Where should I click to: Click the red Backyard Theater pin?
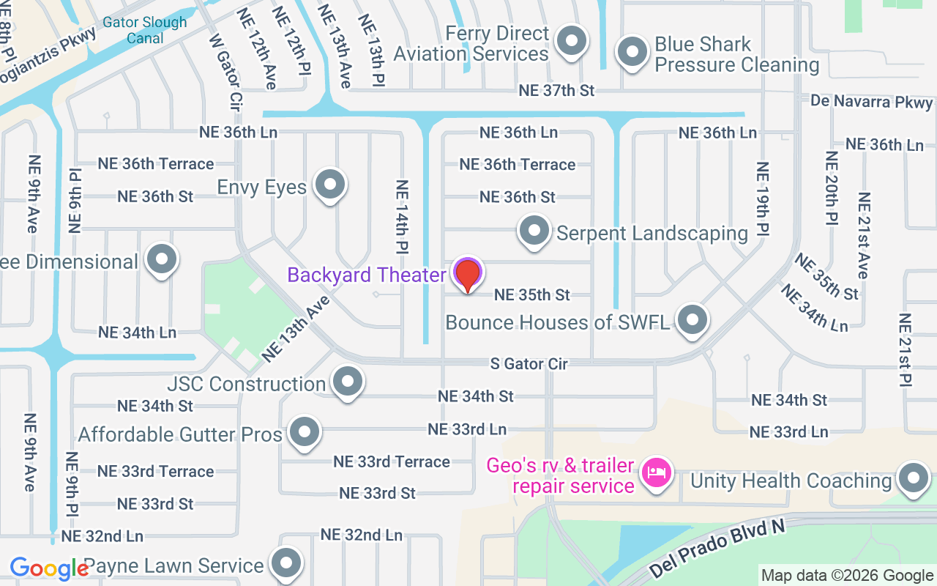pos(468,275)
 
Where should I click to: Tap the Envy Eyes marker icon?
pos(330,184)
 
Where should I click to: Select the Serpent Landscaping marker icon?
pos(534,230)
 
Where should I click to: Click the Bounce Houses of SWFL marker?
pos(692,319)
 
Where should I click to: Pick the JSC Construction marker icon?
pos(348,381)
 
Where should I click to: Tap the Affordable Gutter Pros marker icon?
pos(304,432)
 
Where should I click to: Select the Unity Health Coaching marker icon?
pos(913,478)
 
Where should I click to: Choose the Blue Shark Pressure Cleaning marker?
pos(631,52)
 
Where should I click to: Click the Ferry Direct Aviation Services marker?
pos(571,41)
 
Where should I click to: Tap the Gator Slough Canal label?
pos(145,29)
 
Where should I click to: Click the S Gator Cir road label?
pos(529,363)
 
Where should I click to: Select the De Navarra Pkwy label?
pos(872,101)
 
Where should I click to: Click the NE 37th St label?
pos(556,91)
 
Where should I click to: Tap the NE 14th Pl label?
pos(402,217)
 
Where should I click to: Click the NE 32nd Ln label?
pos(362,535)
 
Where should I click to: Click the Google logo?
pos(49,568)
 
